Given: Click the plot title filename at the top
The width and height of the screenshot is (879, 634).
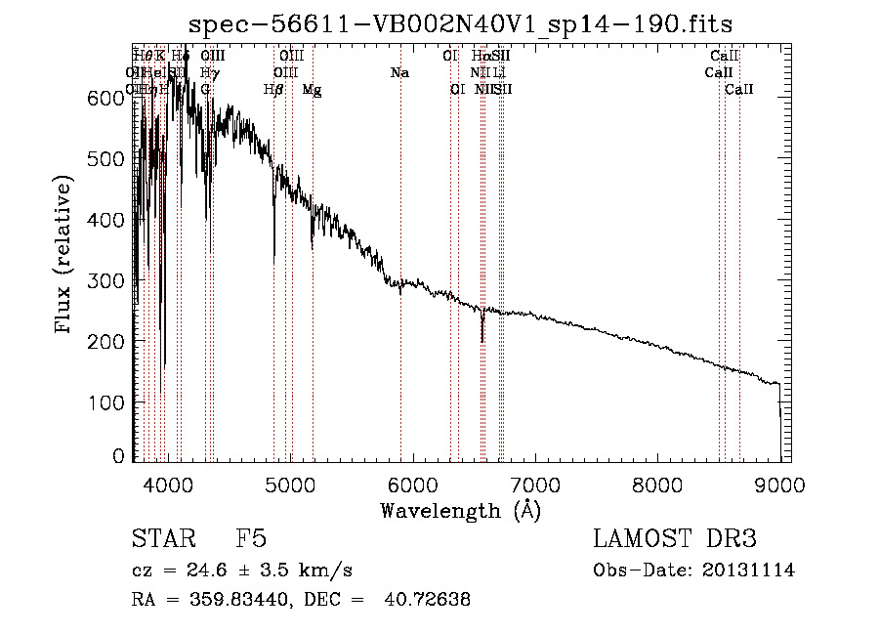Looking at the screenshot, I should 460,22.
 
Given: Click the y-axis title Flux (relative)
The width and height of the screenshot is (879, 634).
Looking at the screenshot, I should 64,256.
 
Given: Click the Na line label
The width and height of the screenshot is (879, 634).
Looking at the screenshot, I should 398,73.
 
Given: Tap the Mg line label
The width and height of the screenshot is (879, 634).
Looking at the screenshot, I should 312,90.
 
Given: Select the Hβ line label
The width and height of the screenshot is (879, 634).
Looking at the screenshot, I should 273,90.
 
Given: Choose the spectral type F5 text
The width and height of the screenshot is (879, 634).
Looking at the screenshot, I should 251,540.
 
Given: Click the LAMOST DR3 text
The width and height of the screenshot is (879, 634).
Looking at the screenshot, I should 674,540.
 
